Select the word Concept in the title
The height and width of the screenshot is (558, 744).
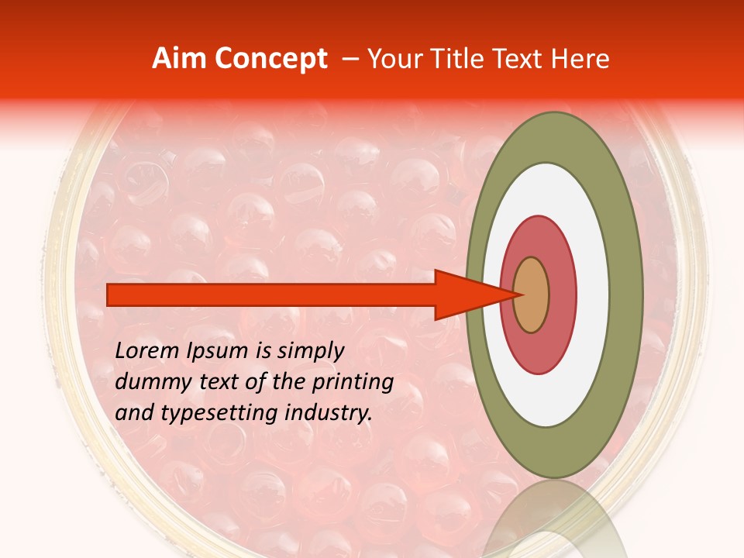point(271,59)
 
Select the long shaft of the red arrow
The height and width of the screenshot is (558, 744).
point(271,294)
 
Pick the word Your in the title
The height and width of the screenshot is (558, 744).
point(391,59)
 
